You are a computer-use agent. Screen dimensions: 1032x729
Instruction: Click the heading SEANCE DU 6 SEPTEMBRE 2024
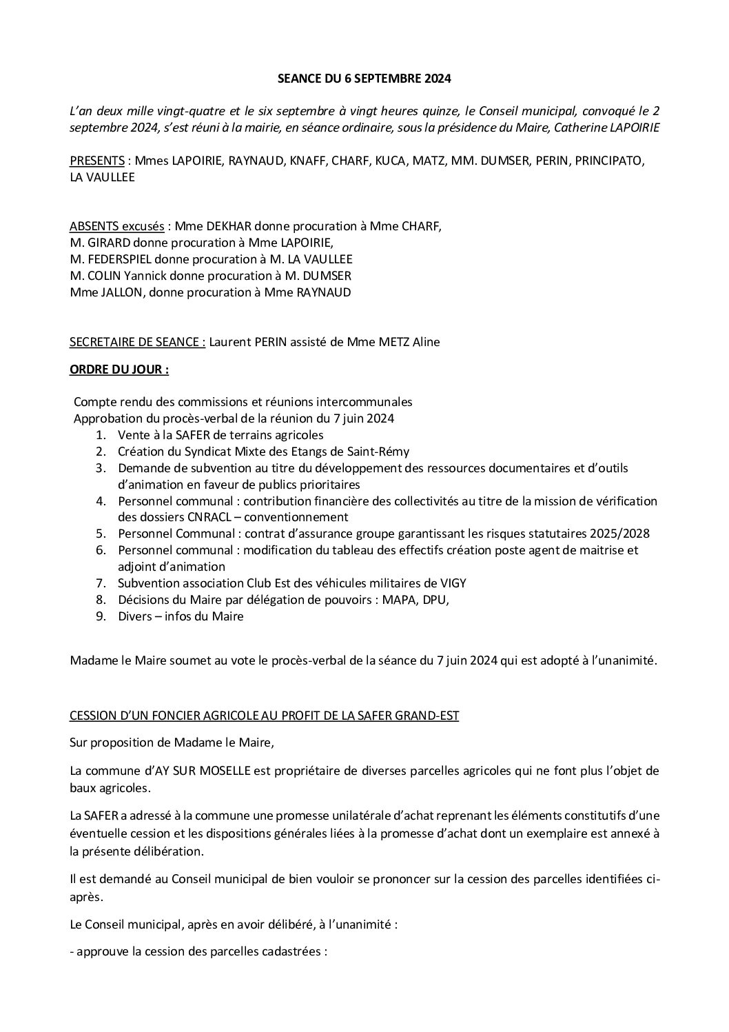[x=364, y=79]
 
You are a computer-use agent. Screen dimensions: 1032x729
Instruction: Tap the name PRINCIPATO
[x=608, y=161]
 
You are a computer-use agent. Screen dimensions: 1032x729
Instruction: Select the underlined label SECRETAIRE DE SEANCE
[x=137, y=342]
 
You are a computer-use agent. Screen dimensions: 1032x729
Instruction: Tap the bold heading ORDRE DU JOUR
[x=119, y=369]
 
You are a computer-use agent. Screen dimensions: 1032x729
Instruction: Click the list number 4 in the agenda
[x=101, y=501]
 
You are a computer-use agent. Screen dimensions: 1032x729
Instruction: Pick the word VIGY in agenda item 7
[x=452, y=583]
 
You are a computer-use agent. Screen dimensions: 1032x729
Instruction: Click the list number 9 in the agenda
[x=101, y=616]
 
